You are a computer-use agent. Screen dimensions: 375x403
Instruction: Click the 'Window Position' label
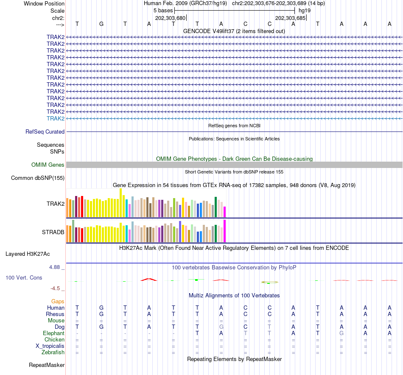[44, 3]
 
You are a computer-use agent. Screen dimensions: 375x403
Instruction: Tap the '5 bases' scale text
[162, 10]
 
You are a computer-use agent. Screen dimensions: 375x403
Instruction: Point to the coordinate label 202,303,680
[170, 18]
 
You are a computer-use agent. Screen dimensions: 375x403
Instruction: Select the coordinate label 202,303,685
[290, 18]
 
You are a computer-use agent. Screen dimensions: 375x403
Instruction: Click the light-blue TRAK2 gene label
[56, 118]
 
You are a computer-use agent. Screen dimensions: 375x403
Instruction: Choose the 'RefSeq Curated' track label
[45, 132]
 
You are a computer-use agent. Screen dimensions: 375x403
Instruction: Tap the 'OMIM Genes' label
[48, 165]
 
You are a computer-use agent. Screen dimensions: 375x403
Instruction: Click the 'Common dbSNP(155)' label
[38, 178]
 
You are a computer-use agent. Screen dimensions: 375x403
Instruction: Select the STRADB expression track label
[53, 232]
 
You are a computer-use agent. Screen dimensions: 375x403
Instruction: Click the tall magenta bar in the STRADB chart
[225, 231]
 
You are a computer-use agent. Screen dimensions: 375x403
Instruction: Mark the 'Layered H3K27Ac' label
[28, 254]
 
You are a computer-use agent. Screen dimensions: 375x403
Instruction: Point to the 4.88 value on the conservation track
[55, 267]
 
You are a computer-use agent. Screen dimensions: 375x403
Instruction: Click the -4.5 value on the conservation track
[56, 288]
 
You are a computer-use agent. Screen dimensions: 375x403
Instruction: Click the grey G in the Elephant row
[341, 333]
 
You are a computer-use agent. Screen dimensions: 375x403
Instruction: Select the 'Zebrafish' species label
[53, 352]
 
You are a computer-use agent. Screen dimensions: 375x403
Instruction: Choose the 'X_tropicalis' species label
[50, 346]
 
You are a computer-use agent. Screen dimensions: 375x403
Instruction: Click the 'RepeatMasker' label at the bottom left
[47, 365]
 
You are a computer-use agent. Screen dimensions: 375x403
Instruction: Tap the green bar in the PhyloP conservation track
[196, 280]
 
